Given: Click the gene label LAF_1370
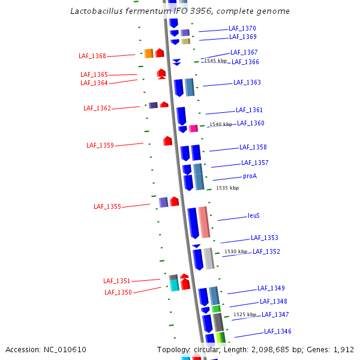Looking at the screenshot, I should point(242,28).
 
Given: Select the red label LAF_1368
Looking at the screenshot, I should point(92,56).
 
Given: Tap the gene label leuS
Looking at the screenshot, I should point(253,216).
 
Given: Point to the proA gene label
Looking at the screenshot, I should point(250,176).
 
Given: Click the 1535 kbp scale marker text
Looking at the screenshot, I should point(227,188).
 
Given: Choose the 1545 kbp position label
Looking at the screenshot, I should point(215,61).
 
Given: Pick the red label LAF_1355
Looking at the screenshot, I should point(107,207).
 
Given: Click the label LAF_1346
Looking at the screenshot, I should point(277,331).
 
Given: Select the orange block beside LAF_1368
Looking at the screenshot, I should point(149,53).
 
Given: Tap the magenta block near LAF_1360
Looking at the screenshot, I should point(193,128).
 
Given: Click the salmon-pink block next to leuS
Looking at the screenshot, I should point(204,222).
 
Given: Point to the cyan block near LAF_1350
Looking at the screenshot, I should point(174,285).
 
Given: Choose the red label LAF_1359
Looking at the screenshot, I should point(100,145).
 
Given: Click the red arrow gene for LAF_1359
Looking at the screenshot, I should point(168,141).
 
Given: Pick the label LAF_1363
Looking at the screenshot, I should point(247,82).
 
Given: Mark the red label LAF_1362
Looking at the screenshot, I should point(97,108).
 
